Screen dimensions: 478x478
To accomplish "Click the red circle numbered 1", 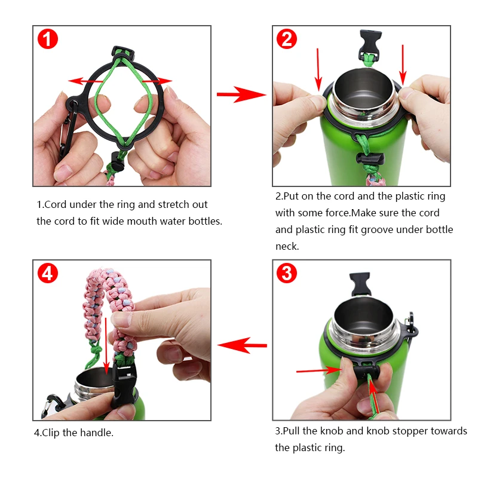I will [48, 39].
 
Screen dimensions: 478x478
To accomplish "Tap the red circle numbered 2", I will [287, 39].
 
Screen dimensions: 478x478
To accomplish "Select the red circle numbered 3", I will [287, 274].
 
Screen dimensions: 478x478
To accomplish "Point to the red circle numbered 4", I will [48, 274].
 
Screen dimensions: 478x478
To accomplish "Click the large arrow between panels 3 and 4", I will [241, 345].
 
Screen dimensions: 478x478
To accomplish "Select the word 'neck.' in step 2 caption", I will [287, 246].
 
